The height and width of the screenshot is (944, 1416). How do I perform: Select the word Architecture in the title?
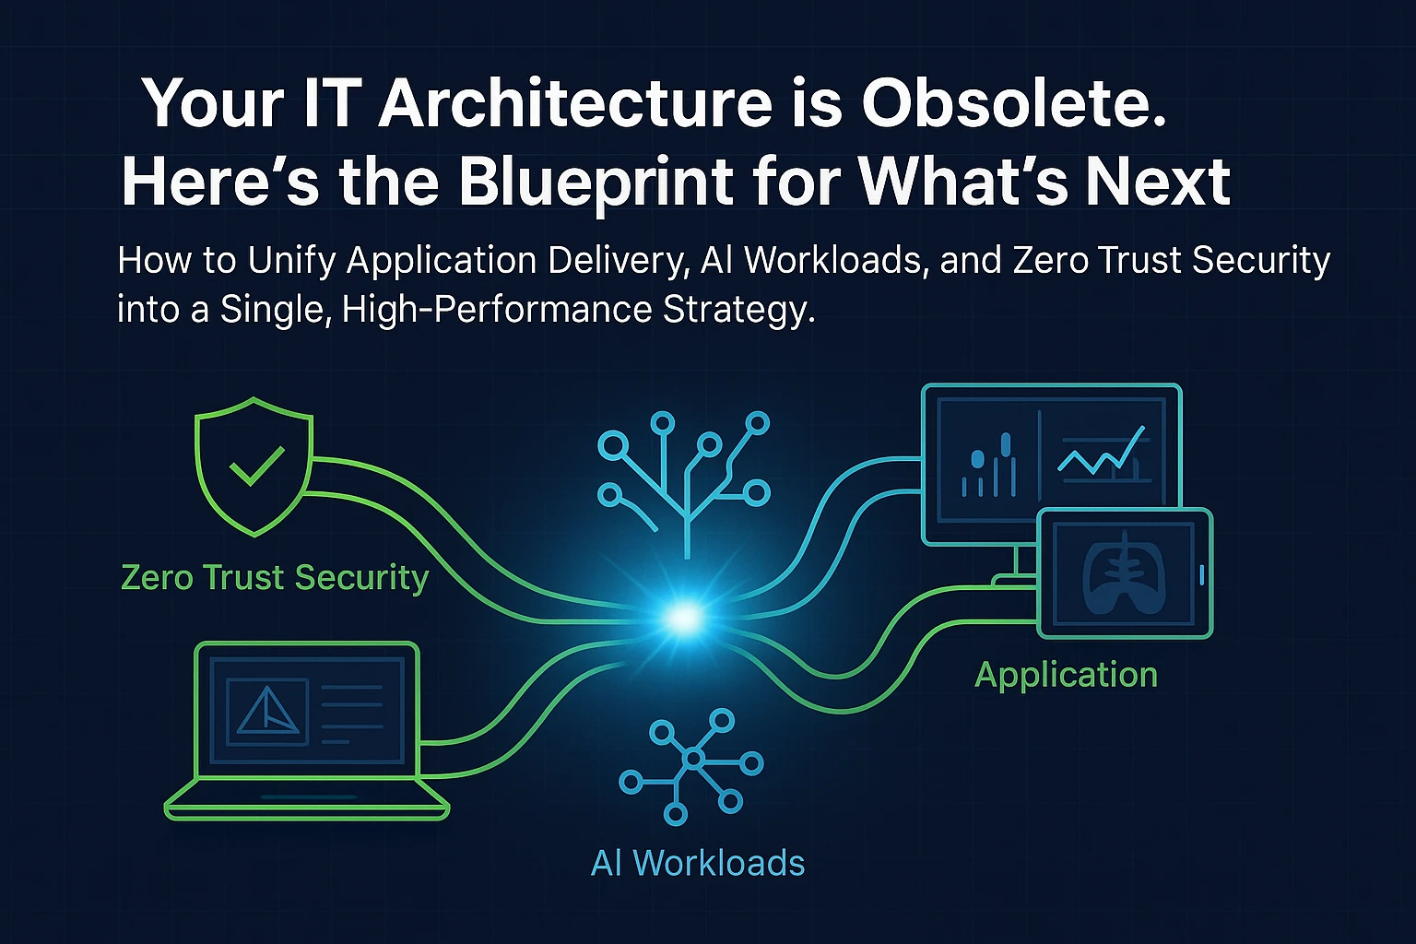(574, 101)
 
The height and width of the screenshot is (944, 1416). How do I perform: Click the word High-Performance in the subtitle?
(496, 309)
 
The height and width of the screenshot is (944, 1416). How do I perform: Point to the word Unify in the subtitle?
(291, 261)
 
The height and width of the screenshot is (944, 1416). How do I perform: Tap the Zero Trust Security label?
(275, 577)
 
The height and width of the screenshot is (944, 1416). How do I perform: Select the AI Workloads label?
(697, 863)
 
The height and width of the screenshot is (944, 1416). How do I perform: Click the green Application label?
(1066, 676)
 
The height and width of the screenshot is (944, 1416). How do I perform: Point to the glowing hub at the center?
(683, 618)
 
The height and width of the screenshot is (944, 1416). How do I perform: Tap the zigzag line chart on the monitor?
(1102, 452)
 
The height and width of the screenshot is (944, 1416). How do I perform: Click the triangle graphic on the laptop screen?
(266, 711)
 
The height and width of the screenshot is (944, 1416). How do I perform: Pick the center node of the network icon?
(693, 758)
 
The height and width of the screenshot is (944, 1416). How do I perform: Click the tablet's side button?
(1202, 574)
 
